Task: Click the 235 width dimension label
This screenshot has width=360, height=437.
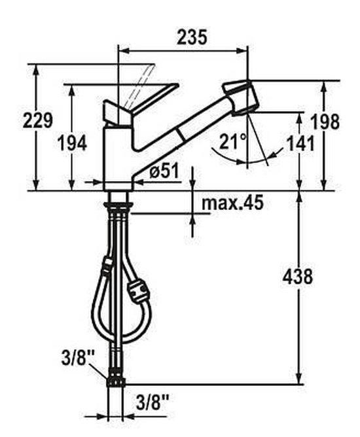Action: coord(192,37)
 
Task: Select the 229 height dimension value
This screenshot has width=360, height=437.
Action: coord(38,120)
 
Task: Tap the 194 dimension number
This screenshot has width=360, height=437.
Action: coord(72,143)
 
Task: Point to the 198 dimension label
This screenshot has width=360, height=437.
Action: coord(325,122)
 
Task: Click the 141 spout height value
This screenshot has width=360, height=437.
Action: coord(300,143)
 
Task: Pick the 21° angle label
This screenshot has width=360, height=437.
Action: coord(232,141)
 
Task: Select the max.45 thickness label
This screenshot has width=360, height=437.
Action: coord(232,203)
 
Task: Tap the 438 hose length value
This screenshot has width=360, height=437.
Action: coord(298,277)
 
